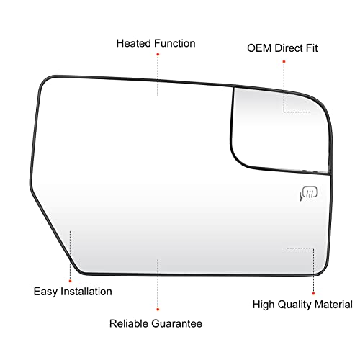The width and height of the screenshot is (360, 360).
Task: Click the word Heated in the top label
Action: [x=134, y=43]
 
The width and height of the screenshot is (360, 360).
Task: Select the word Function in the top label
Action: [x=175, y=43]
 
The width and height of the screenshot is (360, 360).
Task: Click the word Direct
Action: [x=289, y=48]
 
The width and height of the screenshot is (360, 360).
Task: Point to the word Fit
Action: [x=312, y=48]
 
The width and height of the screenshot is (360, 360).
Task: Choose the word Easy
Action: [x=45, y=292]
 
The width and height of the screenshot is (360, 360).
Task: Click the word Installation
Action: [x=86, y=292]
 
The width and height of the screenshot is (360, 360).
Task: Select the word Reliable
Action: [x=129, y=323]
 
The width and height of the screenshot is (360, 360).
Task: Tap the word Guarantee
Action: [x=176, y=323]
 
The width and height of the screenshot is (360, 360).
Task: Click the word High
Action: [x=264, y=305]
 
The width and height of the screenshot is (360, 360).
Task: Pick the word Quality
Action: [x=294, y=305]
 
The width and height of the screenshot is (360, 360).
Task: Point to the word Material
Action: [x=333, y=305]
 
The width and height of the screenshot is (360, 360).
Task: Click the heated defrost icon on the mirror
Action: [x=309, y=194]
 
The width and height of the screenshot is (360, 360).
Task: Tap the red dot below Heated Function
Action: [x=158, y=55]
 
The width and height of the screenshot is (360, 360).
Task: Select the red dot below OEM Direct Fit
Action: [x=284, y=62]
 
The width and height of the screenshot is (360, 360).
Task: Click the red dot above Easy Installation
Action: [x=70, y=281]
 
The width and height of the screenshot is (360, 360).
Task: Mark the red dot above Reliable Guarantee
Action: [x=158, y=310]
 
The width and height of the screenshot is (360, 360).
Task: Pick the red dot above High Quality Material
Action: [x=313, y=294]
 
